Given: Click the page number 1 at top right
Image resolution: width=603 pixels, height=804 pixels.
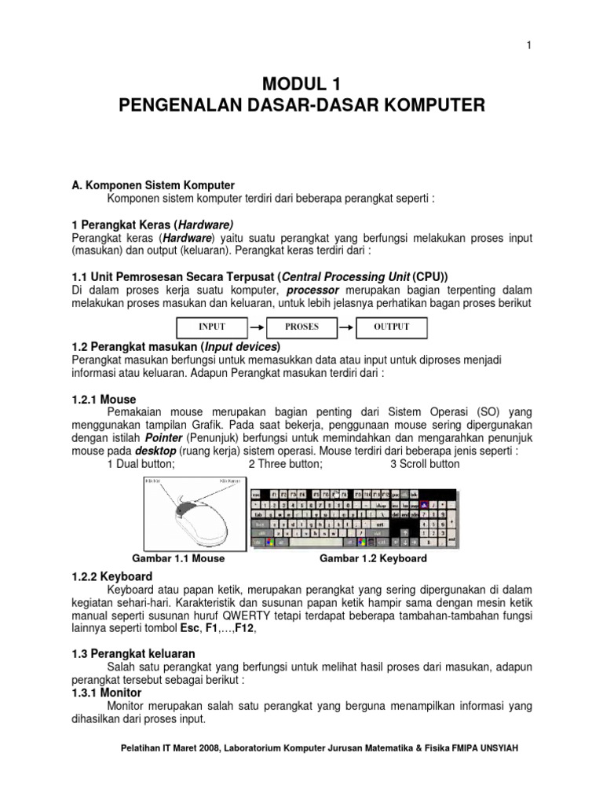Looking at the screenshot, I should point(529,46).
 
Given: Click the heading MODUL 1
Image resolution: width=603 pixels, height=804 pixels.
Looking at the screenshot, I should point(301,83).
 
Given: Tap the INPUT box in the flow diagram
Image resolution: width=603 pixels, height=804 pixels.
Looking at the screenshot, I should point(211,327).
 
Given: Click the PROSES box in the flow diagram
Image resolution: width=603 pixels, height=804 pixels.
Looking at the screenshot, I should point(301,327).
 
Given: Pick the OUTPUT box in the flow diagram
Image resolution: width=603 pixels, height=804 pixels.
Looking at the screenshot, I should point(392,327).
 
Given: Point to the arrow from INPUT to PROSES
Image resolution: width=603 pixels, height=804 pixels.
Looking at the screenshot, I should point(256,327).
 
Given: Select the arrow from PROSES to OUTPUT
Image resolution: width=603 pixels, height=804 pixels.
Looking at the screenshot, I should point(346,327).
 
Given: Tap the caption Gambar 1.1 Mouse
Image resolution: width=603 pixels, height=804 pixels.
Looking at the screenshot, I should point(181,558).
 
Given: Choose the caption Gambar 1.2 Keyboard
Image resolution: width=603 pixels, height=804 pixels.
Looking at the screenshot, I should point(373,558).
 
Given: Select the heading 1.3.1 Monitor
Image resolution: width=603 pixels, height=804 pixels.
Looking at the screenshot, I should point(107,693).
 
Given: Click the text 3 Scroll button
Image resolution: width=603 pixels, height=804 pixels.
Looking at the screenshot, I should point(425,464).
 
